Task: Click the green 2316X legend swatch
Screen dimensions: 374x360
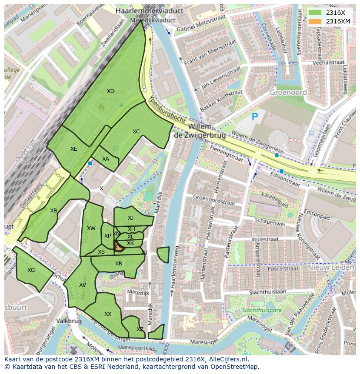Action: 315,13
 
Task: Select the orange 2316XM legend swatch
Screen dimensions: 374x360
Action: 315,21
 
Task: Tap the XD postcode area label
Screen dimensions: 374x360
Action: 110,91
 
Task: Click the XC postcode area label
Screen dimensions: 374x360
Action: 136,132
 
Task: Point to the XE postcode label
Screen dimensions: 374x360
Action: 74,149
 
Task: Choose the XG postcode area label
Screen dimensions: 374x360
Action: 31,270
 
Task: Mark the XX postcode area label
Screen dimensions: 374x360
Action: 108,314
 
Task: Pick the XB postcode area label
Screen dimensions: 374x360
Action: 53,211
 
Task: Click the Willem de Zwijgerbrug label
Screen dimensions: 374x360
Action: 200,131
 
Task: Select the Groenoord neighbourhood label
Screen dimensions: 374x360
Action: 288,92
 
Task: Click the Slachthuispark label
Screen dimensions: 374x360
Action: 261,311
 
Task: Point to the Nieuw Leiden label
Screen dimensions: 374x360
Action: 331,268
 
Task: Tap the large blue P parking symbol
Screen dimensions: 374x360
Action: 255,116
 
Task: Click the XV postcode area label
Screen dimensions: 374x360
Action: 83,285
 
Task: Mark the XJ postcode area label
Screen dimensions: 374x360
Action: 130,218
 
